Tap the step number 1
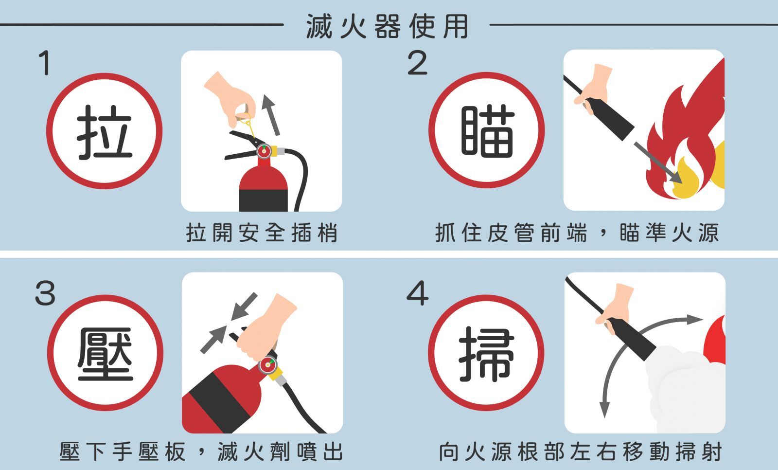[45, 63]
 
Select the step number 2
[417, 63]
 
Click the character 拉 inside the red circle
[105, 132]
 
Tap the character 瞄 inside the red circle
[487, 131]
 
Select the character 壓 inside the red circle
[105, 354]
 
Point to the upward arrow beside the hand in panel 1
[271, 114]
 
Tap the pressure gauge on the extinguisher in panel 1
[264, 151]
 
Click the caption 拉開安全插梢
[262, 233]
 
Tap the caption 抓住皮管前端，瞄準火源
[577, 233]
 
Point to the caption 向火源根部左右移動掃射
[580, 452]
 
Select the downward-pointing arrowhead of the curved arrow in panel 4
[604, 409]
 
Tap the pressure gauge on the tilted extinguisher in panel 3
[267, 365]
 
